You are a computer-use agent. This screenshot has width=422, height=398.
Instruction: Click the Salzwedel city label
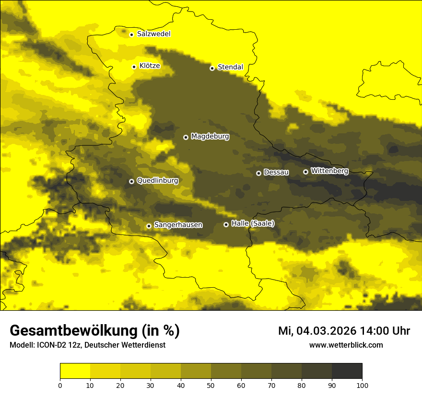click(153, 34)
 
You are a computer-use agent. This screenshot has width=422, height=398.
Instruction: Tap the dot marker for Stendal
click(212, 68)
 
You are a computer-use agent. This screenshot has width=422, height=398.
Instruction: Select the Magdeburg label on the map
click(210, 137)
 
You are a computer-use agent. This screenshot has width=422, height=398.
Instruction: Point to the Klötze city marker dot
click(134, 67)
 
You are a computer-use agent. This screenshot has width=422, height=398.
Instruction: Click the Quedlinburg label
click(157, 181)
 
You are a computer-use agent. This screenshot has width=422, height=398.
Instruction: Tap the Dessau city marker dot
click(258, 173)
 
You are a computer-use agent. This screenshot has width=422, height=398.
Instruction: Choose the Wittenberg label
click(329, 171)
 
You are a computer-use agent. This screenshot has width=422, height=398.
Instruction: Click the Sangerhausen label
click(178, 225)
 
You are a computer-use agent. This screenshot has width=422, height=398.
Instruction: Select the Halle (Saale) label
click(253, 223)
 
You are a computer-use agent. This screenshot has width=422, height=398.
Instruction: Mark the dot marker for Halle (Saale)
click(226, 224)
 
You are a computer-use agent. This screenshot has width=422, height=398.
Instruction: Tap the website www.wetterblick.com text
click(346, 345)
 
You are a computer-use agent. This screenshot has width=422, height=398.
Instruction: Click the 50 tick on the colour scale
click(211, 385)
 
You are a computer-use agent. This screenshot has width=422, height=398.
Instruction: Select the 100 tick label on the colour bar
click(362, 385)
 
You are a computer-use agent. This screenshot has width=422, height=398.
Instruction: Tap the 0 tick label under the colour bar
click(60, 385)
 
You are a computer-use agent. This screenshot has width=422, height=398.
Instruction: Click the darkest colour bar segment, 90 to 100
click(347, 371)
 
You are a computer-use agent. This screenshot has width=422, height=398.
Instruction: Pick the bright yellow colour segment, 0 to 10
click(75, 371)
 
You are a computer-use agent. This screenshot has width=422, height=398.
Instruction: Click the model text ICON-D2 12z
click(57, 345)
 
